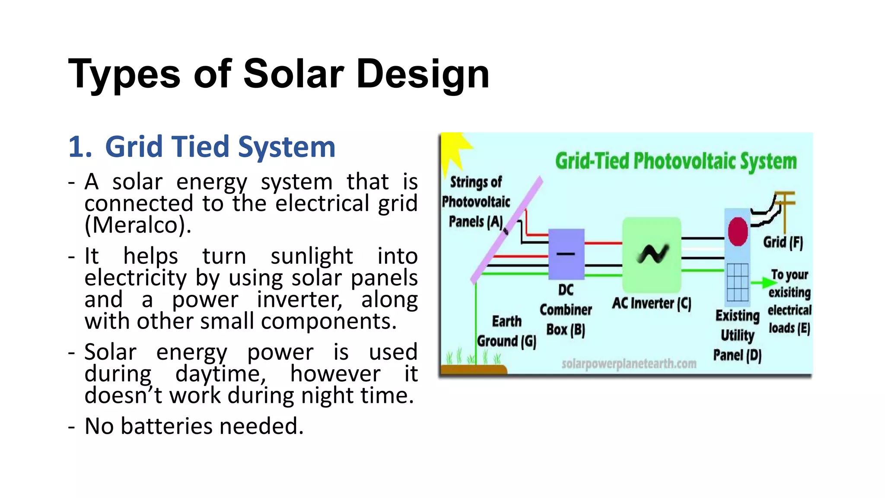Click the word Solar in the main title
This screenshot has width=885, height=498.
tap(293, 74)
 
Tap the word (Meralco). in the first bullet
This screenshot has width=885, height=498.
tap(138, 225)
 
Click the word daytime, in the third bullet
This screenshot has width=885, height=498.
tap(220, 374)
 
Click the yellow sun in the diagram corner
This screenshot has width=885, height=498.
tap(454, 149)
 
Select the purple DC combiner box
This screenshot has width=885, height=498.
tap(566, 254)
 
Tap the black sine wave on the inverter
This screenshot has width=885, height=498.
tap(653, 254)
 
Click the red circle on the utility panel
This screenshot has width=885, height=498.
tap(738, 231)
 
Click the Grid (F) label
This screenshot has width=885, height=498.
tap(783, 242)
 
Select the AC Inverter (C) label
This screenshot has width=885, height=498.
tap(651, 303)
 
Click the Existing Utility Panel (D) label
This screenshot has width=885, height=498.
tap(737, 335)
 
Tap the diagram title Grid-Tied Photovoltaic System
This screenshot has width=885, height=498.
tap(675, 161)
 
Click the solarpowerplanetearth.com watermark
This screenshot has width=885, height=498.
tap(629, 364)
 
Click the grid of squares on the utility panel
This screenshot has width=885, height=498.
tap(737, 282)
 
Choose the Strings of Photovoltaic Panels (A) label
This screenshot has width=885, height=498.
tap(476, 202)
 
